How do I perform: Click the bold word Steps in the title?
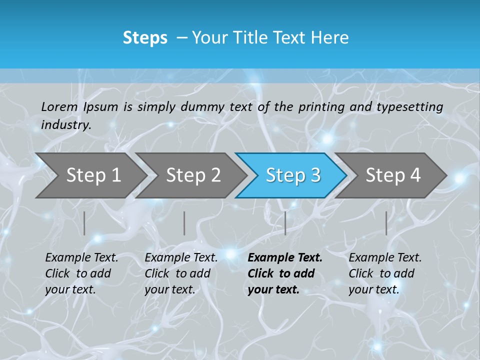[x=145, y=38]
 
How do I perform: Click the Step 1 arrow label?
[x=93, y=175]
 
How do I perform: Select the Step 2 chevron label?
[x=193, y=175]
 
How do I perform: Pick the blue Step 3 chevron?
[x=293, y=175]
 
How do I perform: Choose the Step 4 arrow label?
[x=393, y=175]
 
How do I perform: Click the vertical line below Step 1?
[x=84, y=223]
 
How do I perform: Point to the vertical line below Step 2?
[x=184, y=223]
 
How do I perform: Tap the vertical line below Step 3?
[x=285, y=223]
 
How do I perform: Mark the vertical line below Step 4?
[x=386, y=223]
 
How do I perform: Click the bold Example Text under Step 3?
[x=285, y=257]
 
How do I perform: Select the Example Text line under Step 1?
[x=81, y=257]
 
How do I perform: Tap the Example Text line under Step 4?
[x=385, y=257]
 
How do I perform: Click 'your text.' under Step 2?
[x=169, y=289]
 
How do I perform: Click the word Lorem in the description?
[x=59, y=106]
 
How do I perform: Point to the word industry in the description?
[x=65, y=125]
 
